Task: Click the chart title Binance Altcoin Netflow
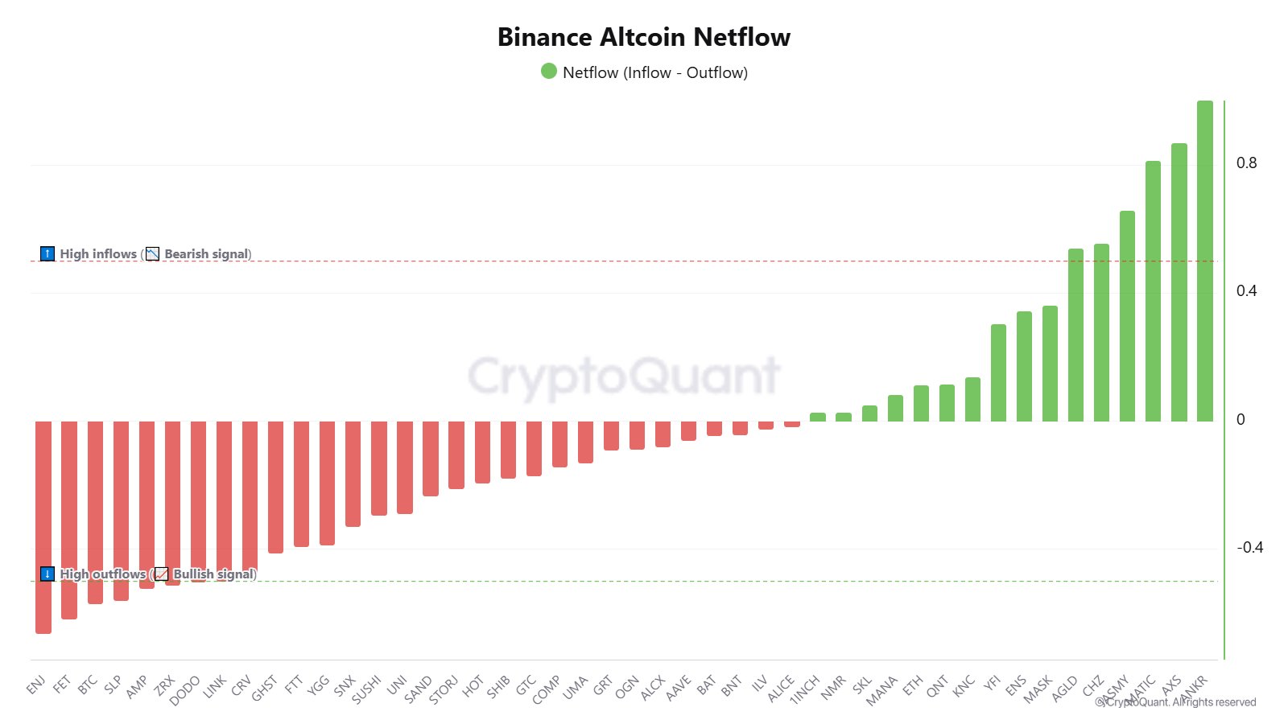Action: (x=644, y=37)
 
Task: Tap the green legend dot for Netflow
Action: (x=549, y=72)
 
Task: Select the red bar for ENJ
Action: (x=43, y=527)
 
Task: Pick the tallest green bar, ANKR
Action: (x=1204, y=261)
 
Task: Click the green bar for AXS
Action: (x=1179, y=282)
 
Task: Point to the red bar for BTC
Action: (x=95, y=512)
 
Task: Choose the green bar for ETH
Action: (x=921, y=403)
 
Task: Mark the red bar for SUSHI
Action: (x=378, y=468)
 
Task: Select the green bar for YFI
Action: (x=998, y=372)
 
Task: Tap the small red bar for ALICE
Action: (x=792, y=423)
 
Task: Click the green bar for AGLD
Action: (x=1075, y=335)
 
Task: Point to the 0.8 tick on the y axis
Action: (x=1246, y=163)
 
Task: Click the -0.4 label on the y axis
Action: (x=1249, y=548)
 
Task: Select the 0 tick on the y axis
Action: (x=1241, y=419)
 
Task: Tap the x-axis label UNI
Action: (x=397, y=685)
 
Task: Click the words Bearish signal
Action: (x=207, y=254)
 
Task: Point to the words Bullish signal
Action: (x=214, y=574)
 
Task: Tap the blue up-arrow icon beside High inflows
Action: (x=47, y=254)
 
